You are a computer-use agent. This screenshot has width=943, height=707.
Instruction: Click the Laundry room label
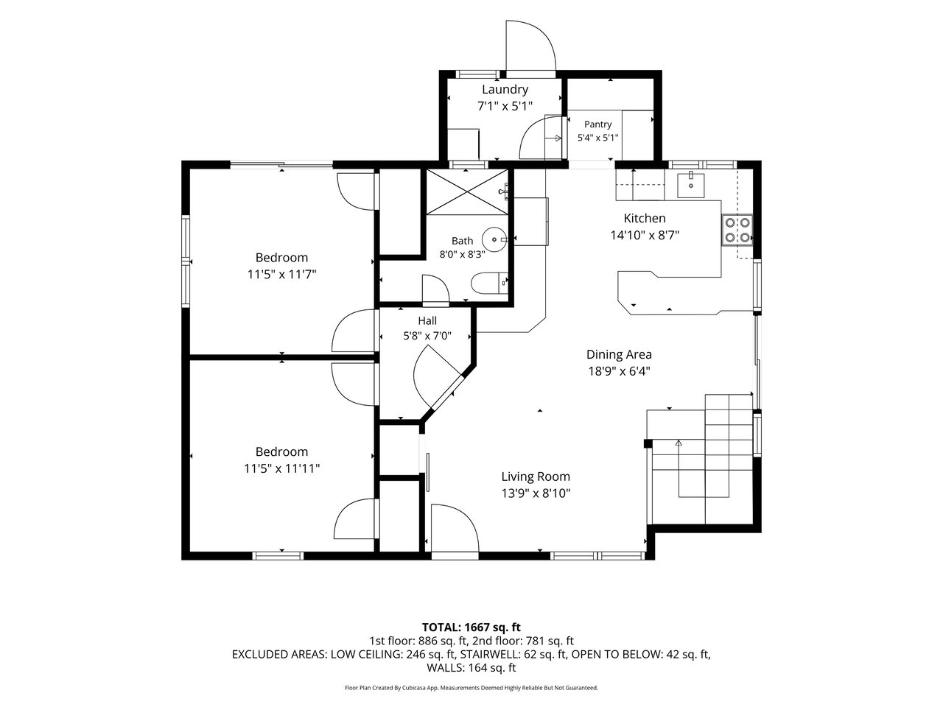[505, 90]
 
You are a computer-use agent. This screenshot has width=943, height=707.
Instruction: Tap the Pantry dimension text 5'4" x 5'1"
[597, 138]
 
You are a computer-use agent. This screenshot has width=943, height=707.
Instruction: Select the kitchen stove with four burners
[737, 230]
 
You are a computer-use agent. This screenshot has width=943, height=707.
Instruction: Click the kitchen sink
[691, 185]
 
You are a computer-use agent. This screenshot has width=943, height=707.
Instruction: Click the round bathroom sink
[494, 239]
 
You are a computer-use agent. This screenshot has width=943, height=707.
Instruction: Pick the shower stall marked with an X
[467, 191]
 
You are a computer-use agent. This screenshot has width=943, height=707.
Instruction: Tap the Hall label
[427, 320]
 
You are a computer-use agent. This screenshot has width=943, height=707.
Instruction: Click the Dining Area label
[619, 354]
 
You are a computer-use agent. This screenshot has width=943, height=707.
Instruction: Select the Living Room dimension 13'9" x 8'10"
[536, 493]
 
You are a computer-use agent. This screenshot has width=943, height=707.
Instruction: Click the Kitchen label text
[645, 218]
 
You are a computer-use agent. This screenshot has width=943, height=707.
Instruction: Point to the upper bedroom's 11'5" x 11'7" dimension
[282, 274]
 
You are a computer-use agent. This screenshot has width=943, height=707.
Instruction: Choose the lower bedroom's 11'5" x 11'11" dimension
[282, 468]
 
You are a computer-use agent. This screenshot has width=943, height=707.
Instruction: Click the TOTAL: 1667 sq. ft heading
[471, 627]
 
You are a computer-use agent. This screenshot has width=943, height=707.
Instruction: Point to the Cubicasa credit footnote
[471, 688]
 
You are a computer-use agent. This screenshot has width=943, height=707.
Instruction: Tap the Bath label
[462, 241]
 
